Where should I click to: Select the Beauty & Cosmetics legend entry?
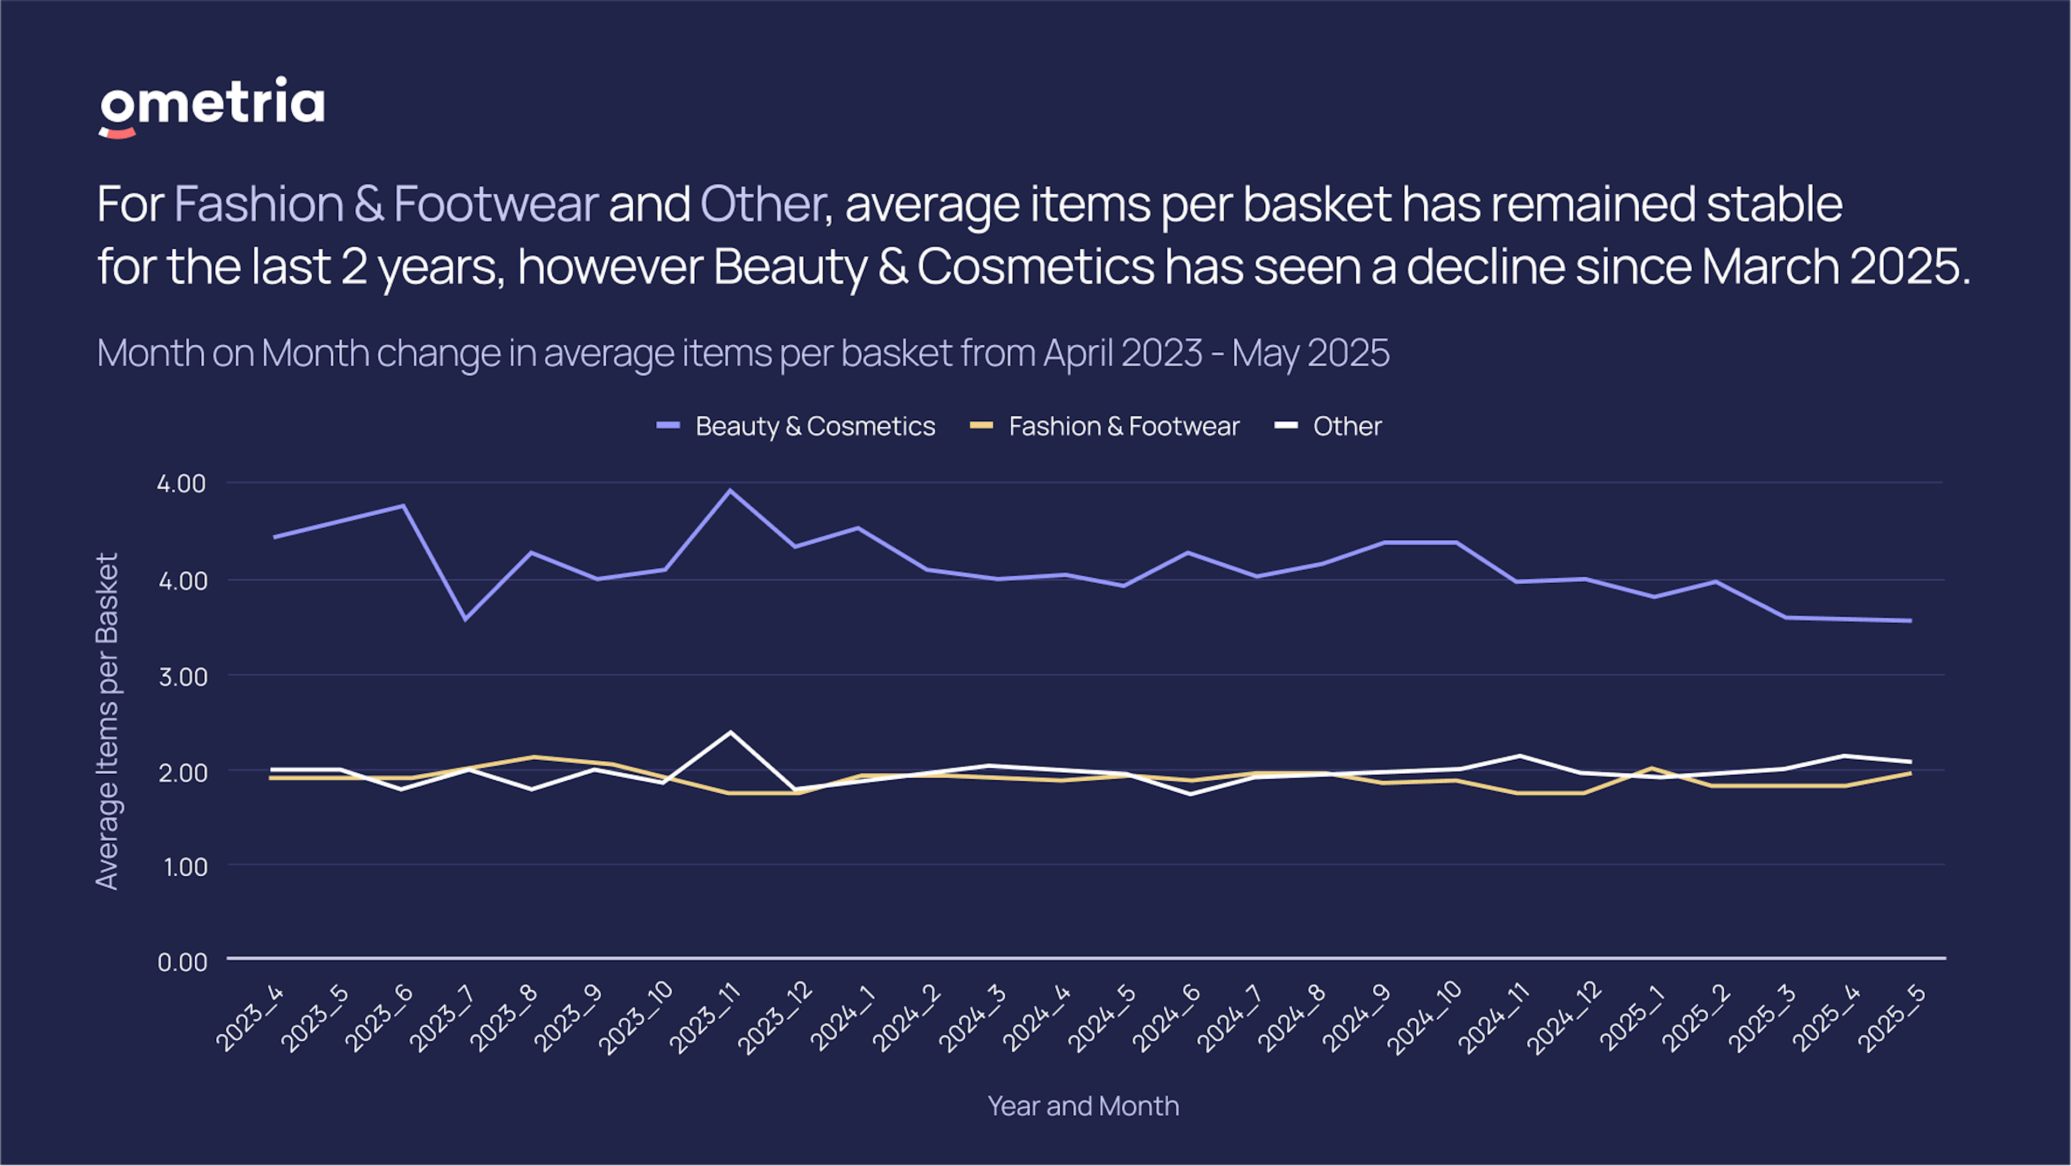[x=814, y=426]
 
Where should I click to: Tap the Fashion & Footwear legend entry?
[x=1123, y=426]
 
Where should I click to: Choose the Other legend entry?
[x=1347, y=426]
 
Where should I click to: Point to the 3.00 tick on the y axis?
[x=182, y=677]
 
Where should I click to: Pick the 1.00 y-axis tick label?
[x=186, y=867]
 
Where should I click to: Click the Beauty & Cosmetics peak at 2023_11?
[x=729, y=490]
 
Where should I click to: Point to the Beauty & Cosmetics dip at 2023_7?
[x=465, y=618]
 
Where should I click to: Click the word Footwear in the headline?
[x=495, y=204]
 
